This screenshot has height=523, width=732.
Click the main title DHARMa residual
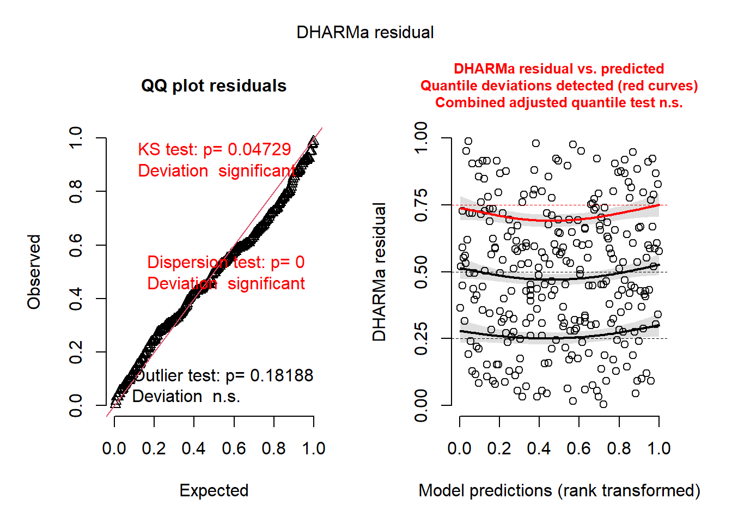[365, 33]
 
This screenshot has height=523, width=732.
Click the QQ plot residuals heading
[213, 86]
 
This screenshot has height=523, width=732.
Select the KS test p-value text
[214, 149]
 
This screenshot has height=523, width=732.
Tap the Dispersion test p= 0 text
[225, 263]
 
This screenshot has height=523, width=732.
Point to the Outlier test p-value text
[223, 375]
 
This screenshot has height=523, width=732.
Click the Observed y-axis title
[34, 272]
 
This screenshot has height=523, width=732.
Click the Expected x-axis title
[213, 490]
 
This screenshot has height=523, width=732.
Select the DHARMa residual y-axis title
[379, 272]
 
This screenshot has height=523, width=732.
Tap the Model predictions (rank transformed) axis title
[559, 490]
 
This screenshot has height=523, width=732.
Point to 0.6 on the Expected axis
[234, 448]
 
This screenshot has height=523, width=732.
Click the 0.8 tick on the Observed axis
[76, 191]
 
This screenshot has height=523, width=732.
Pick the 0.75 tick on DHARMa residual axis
[421, 205]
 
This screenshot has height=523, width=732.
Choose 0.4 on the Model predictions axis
[539, 448]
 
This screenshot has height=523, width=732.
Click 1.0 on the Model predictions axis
[658, 448]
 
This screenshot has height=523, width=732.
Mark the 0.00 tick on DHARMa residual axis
[421, 405]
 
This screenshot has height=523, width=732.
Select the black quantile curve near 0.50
[561, 279]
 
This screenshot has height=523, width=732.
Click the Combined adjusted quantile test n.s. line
[559, 103]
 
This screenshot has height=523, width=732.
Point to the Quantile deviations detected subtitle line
[559, 86]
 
